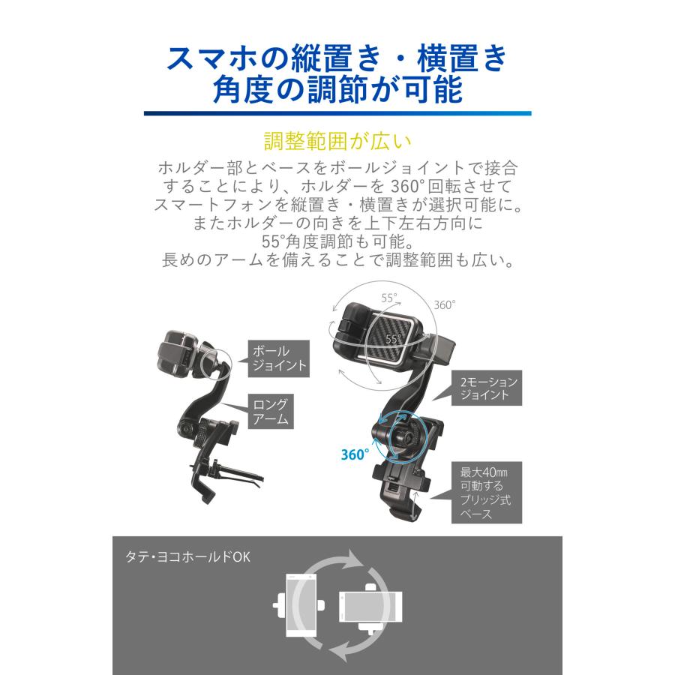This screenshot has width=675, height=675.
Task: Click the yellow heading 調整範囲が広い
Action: click(x=337, y=142)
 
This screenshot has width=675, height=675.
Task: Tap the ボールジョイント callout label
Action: click(x=277, y=358)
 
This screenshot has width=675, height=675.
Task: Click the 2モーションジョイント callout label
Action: click(x=487, y=387)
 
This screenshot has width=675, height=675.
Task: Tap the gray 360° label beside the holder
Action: click(x=444, y=304)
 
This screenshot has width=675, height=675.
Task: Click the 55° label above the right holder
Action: click(x=388, y=298)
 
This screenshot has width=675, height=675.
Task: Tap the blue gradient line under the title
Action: click(x=337, y=113)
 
